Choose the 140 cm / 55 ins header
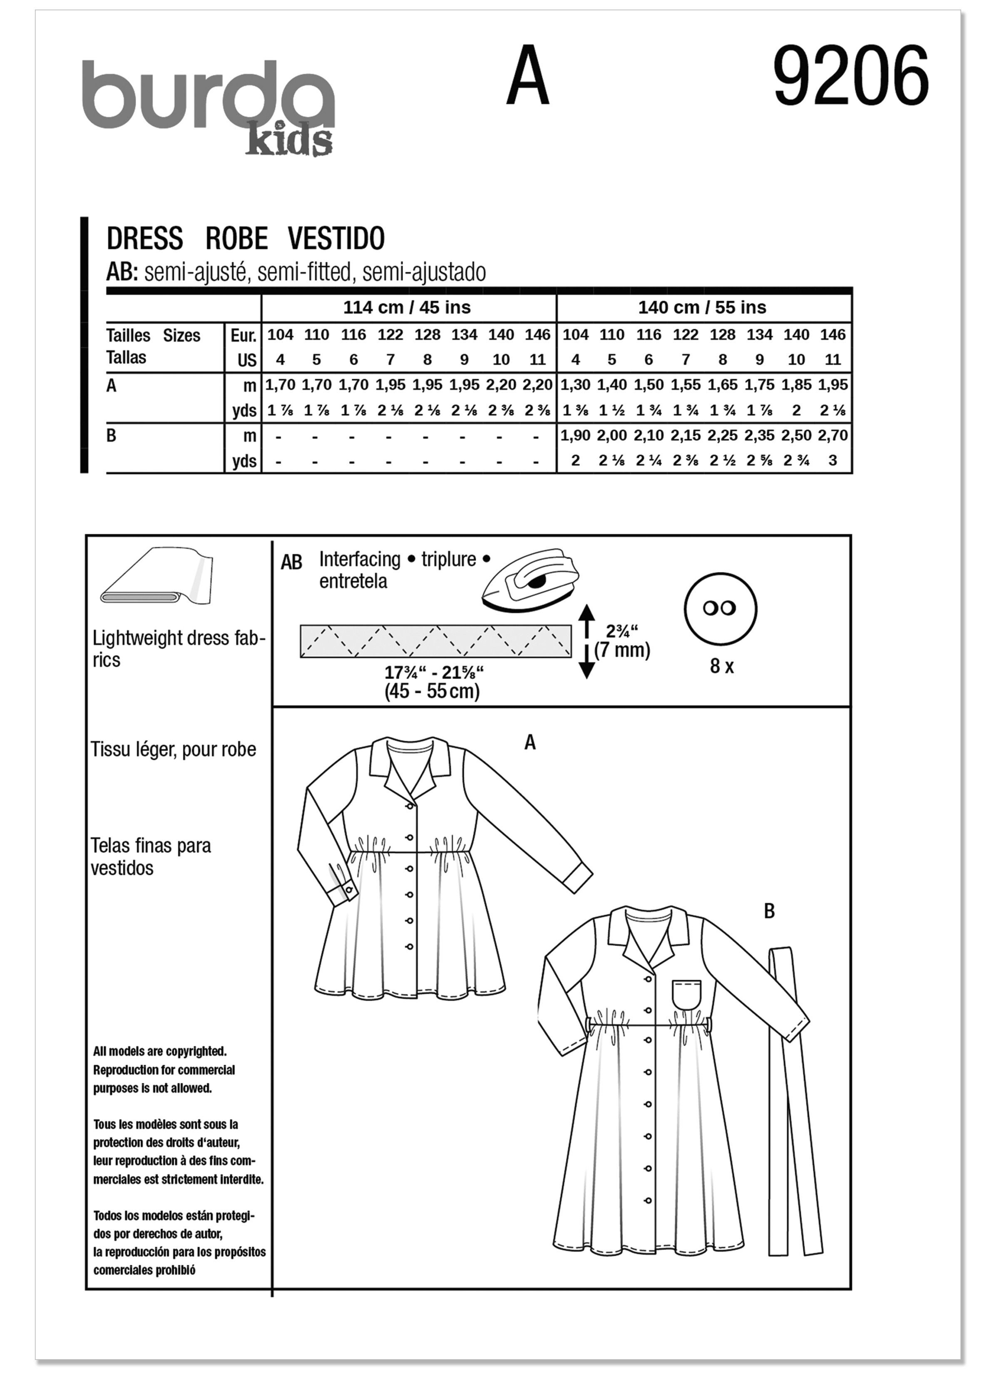(702, 308)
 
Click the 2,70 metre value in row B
(832, 435)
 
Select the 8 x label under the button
(721, 667)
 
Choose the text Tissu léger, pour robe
(173, 749)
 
